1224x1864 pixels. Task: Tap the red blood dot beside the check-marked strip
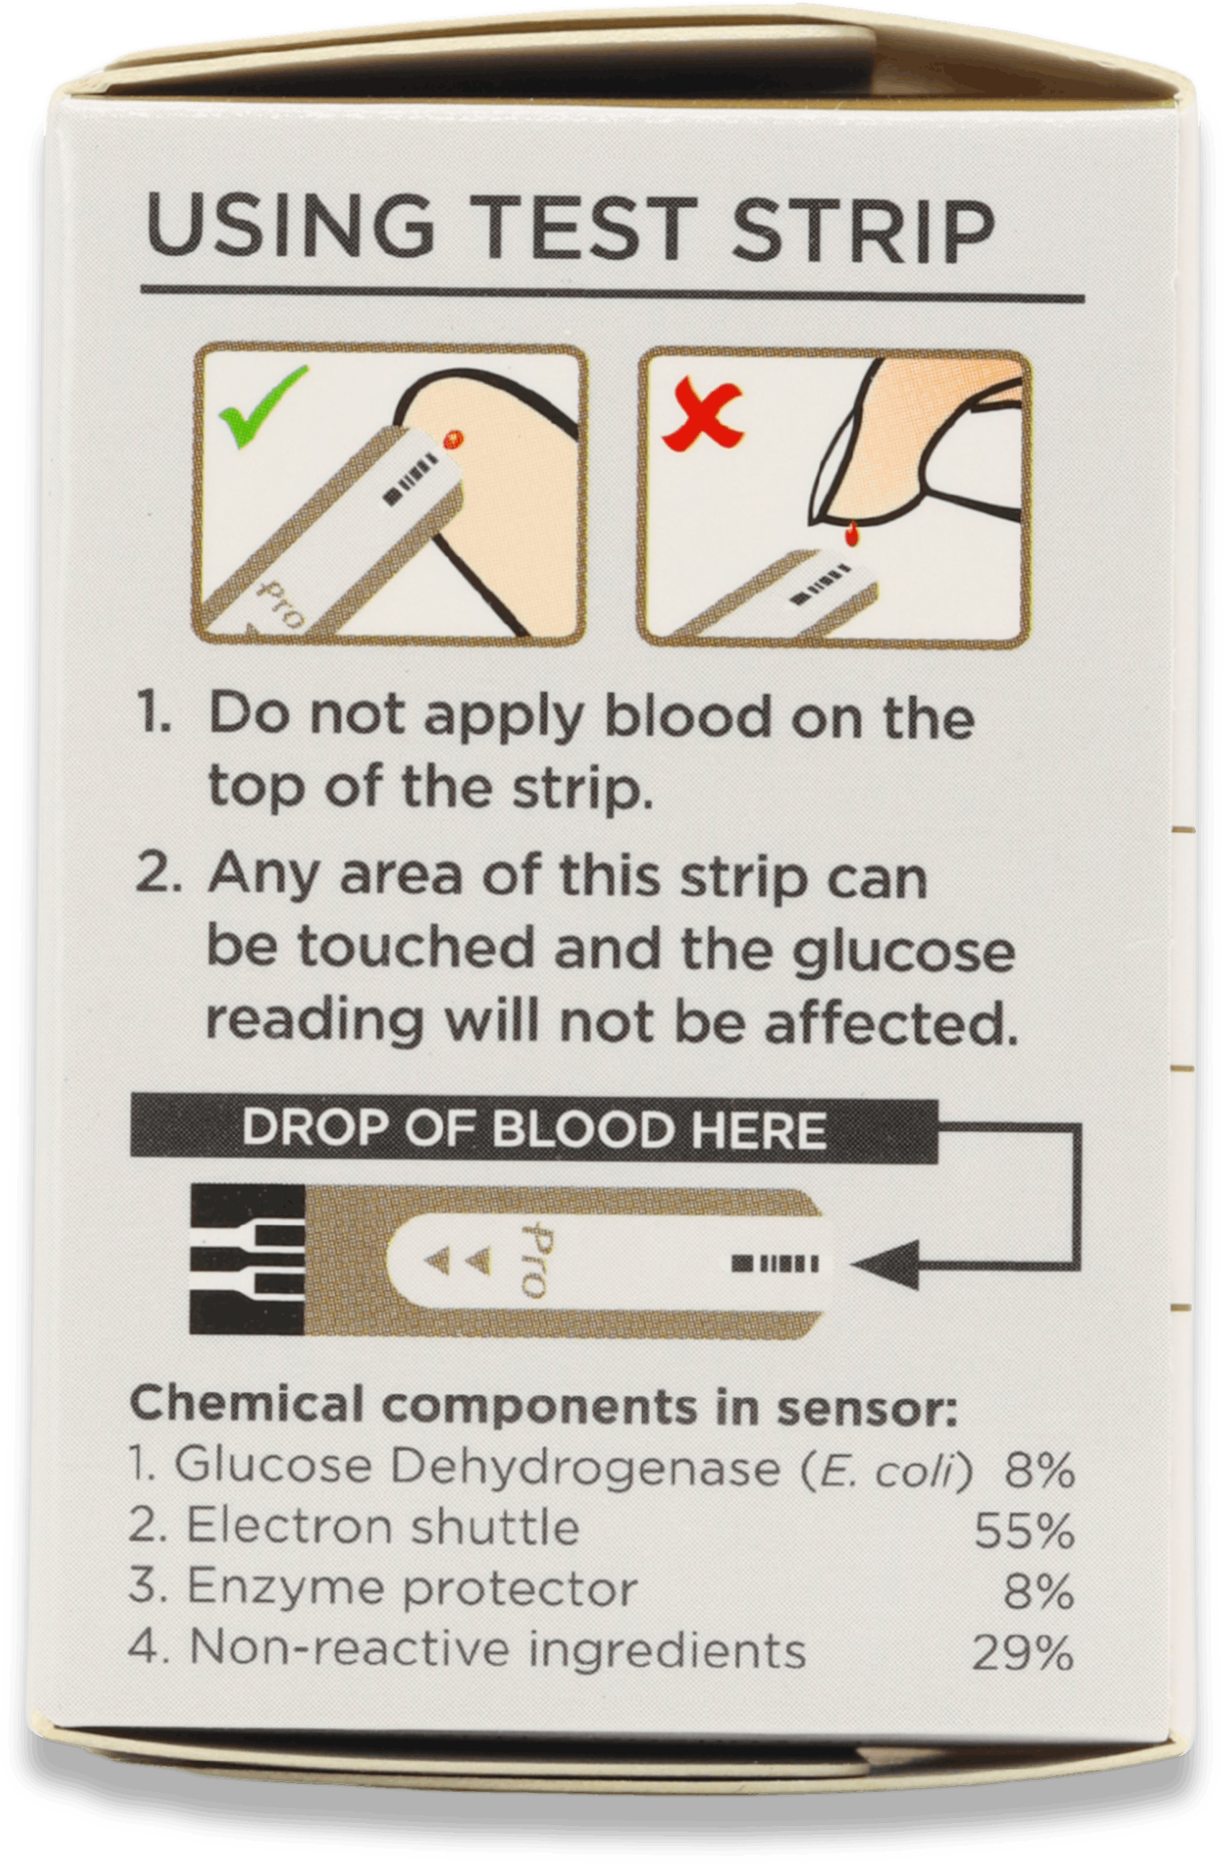[452, 440]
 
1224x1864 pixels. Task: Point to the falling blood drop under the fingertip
[849, 535]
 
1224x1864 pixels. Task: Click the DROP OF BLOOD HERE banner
[534, 1130]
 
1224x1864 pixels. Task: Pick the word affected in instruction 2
[892, 1022]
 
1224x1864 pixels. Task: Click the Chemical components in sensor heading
[544, 1404]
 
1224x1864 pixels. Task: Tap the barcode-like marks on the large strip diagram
[775, 1263]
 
